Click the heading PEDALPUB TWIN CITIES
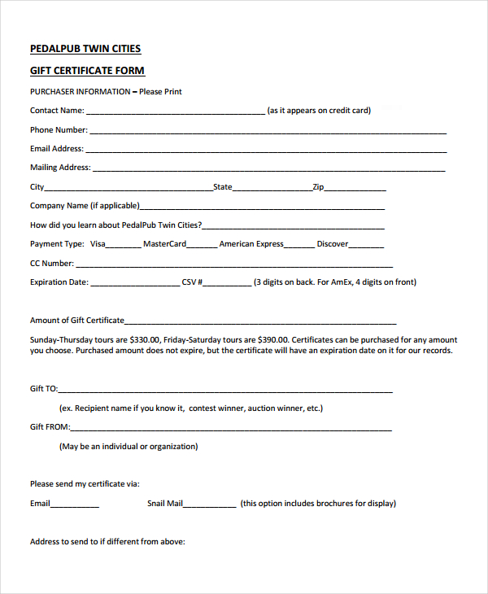click(85, 49)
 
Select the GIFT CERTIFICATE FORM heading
click(87, 71)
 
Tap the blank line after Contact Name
click(175, 112)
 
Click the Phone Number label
click(59, 130)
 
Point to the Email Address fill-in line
click(266, 151)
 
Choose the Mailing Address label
click(60, 168)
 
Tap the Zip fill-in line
click(355, 189)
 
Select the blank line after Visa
click(123, 246)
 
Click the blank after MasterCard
click(202, 246)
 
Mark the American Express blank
click(298, 246)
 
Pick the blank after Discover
click(366, 246)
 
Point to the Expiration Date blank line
click(134, 285)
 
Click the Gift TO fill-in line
click(225, 391)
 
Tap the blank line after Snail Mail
click(210, 505)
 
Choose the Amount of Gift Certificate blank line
click(260, 322)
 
